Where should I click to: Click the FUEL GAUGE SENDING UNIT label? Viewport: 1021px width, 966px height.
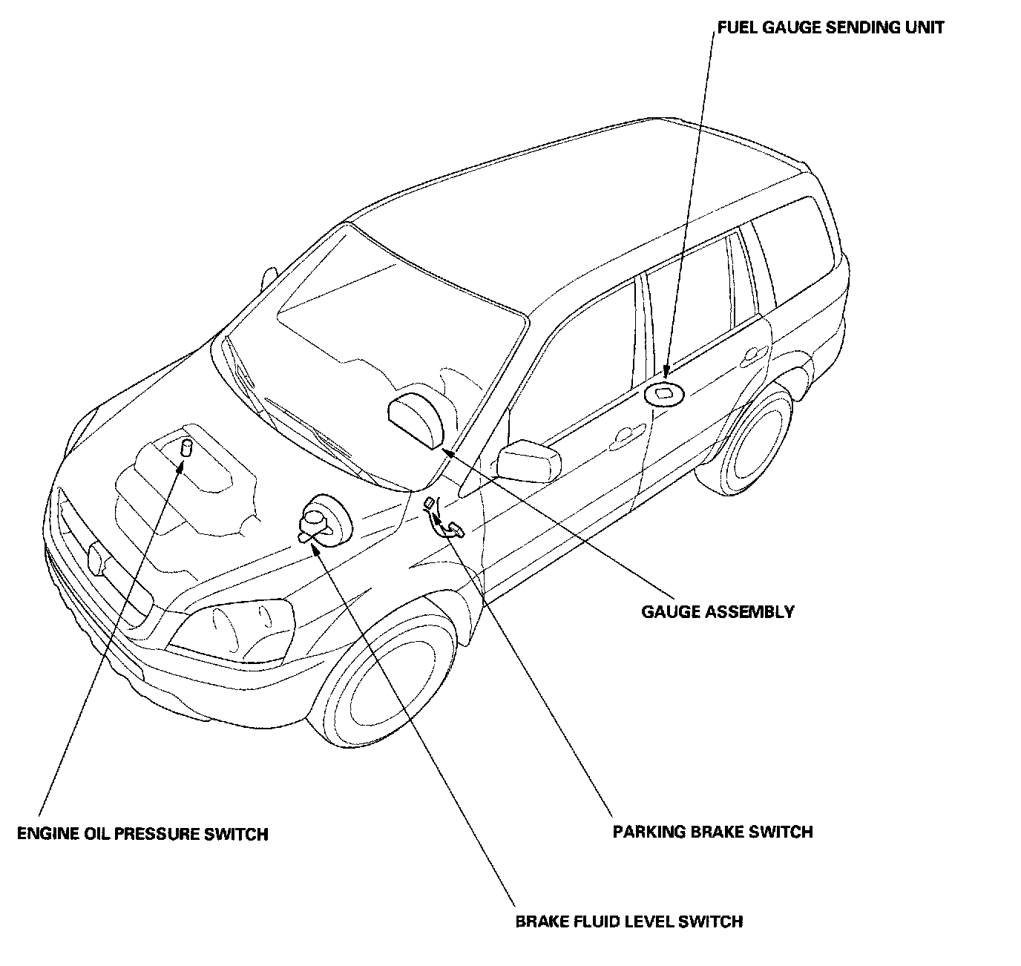[x=830, y=28]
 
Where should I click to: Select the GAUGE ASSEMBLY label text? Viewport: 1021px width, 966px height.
[x=718, y=612]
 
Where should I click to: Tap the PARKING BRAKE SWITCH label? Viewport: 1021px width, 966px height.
[x=712, y=832]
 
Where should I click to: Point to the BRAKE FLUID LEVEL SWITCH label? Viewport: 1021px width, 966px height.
[x=629, y=921]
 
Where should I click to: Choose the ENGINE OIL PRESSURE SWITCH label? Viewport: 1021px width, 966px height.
[x=142, y=834]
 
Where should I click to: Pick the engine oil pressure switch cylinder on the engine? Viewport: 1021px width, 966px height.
[x=186, y=449]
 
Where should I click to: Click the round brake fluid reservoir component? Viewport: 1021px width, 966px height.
[x=321, y=518]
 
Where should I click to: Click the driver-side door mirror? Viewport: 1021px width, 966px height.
[x=528, y=460]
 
